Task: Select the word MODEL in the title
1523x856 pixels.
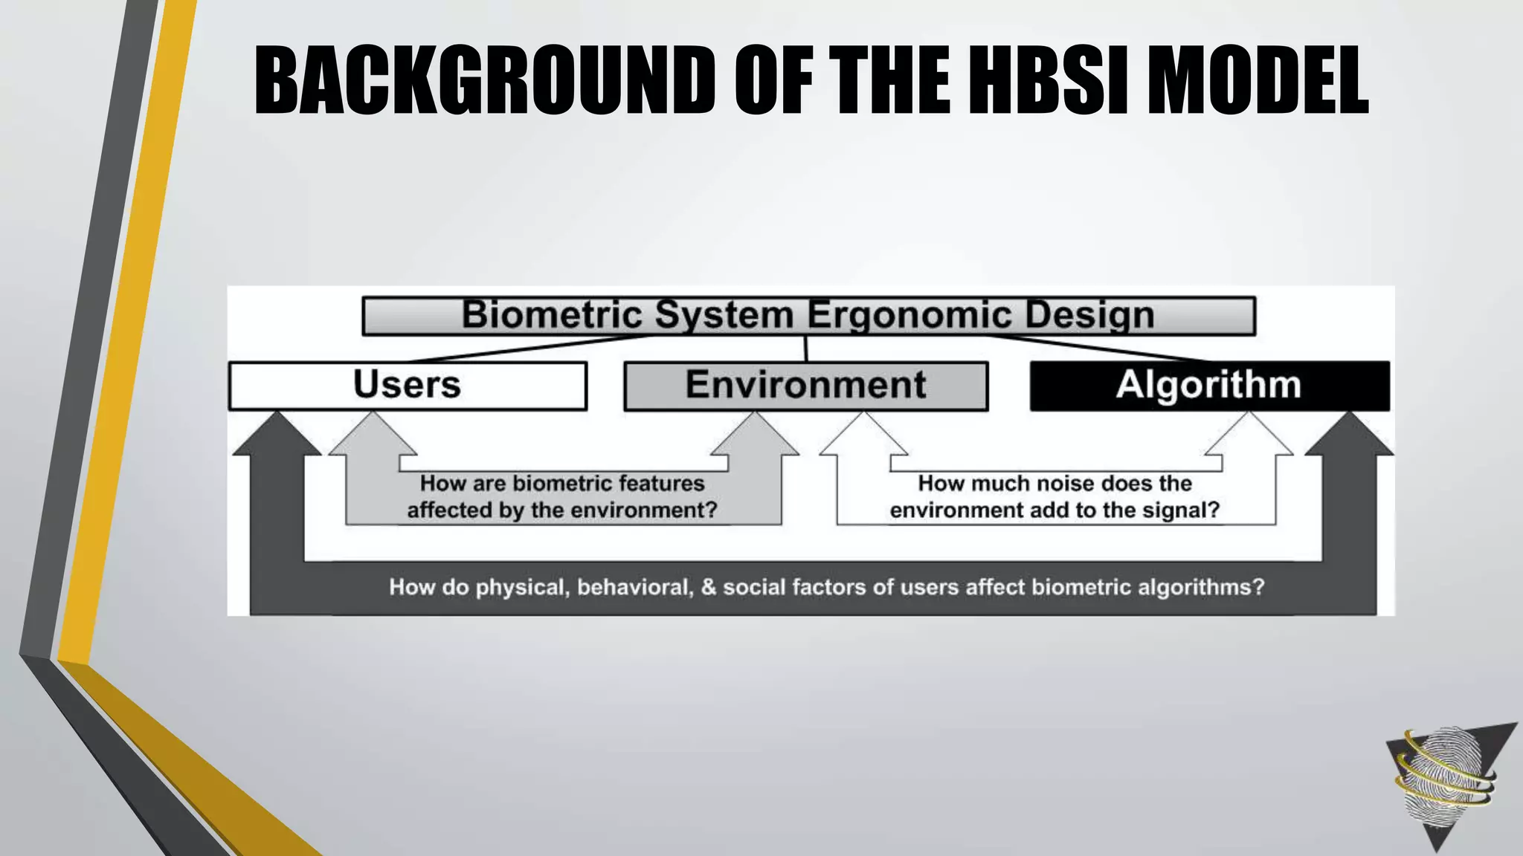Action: pyautogui.click(x=1258, y=80)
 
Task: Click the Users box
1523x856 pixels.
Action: pyautogui.click(x=408, y=386)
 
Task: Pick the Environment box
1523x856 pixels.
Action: pyautogui.click(x=805, y=386)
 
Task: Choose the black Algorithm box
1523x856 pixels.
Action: pyautogui.click(x=1209, y=386)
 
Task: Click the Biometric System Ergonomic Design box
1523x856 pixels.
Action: pyautogui.click(x=808, y=316)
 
